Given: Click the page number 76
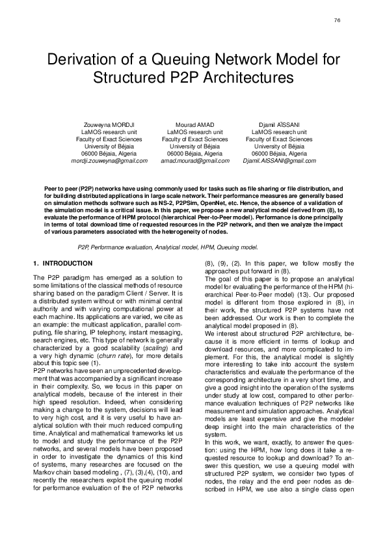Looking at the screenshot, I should [337, 21].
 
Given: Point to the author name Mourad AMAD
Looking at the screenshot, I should [194, 124].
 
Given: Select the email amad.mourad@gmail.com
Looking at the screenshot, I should [194, 160].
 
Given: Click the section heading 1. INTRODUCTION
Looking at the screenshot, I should [62, 263].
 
